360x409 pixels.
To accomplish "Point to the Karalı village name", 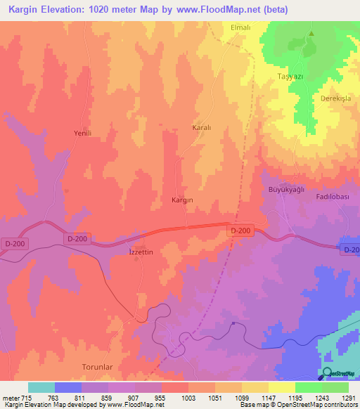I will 202,128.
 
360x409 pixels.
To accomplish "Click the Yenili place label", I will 83,133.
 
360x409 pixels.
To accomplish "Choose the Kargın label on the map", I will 183,200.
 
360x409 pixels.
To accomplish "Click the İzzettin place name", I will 130,252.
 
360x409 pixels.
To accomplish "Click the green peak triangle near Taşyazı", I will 310,33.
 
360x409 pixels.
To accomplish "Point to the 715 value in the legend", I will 22,398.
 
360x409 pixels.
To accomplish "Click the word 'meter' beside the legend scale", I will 8,398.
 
